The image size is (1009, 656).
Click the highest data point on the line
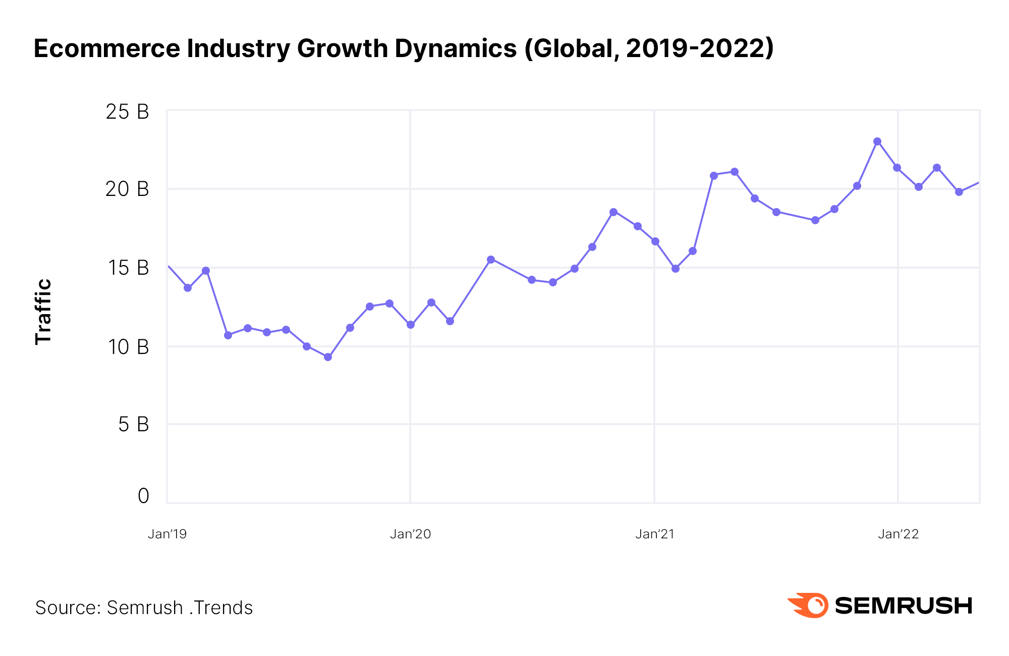pos(877,141)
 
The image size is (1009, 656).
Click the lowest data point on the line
pos(328,357)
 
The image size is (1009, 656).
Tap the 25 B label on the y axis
pos(127,112)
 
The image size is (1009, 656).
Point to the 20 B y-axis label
pos(127,189)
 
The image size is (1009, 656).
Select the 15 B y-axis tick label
pos(128,268)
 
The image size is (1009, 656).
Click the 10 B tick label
pos(128,347)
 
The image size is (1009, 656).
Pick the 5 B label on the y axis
pos(134,425)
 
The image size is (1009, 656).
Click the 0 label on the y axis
pos(143,496)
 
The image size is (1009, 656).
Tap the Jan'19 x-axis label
pos(167,534)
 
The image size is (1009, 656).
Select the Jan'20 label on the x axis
pos(410,534)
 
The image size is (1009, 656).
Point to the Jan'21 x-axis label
pos(654,534)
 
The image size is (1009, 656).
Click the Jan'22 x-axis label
pos(898,534)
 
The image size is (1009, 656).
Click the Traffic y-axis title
pos(43,312)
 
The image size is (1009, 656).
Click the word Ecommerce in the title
pos(106,48)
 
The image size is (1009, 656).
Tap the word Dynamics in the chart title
pos(456,48)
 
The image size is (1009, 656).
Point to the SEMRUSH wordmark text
pos(903,605)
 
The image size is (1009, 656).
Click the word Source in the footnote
pos(68,608)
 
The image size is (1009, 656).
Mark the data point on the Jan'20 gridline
pos(411,325)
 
